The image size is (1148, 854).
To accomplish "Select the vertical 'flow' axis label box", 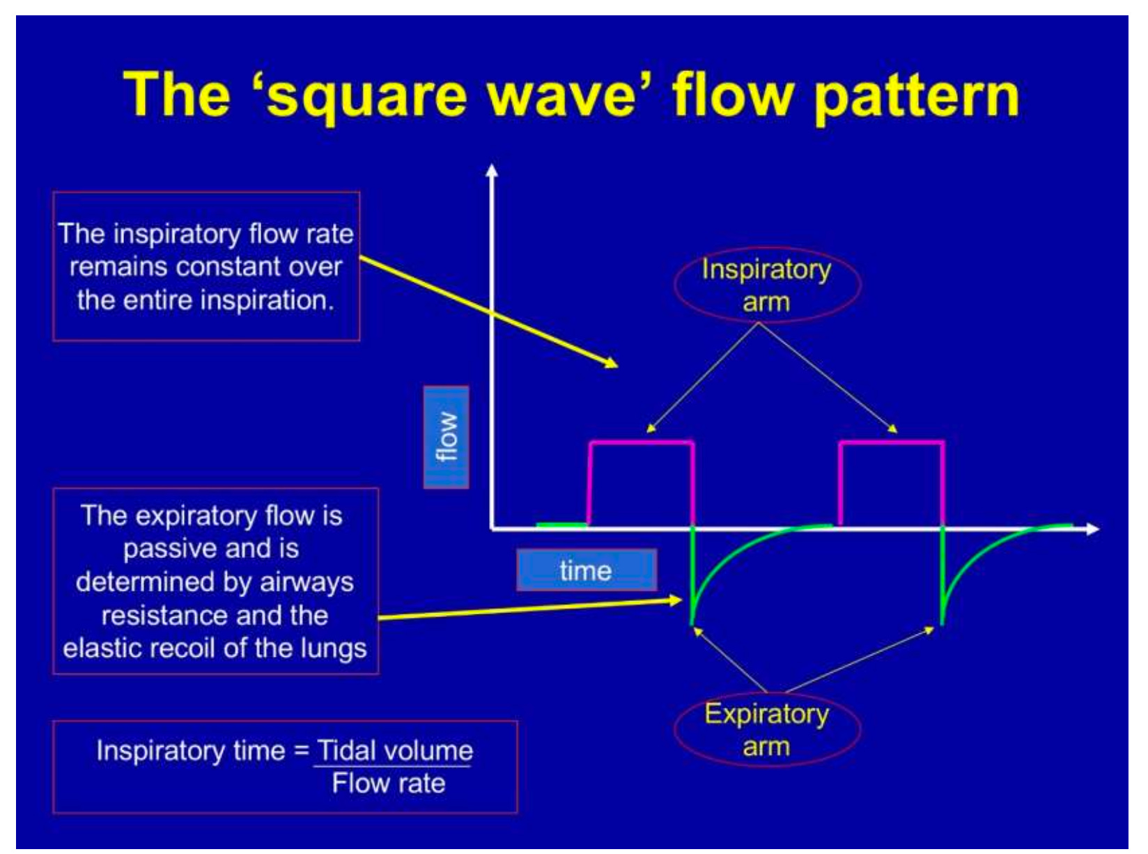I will tap(446, 437).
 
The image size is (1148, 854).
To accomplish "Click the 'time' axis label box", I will tap(586, 570).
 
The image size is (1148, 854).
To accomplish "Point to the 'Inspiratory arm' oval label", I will tap(766, 285).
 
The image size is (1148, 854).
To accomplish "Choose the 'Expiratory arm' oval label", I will tap(766, 729).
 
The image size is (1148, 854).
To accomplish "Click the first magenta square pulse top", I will tap(642, 442).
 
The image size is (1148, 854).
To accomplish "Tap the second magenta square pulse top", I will tap(892, 442).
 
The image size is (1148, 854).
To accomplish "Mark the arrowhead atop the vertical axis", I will tap(492, 171).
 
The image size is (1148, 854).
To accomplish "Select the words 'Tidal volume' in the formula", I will tap(394, 750).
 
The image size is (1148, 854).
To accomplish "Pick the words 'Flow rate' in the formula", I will tap(389, 784).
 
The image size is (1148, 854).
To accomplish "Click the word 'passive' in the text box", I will tap(166, 549).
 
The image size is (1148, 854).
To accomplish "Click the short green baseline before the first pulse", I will tap(561, 524).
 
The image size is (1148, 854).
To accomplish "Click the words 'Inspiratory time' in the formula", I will tap(190, 750).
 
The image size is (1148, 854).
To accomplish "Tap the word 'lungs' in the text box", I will tap(329, 649).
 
